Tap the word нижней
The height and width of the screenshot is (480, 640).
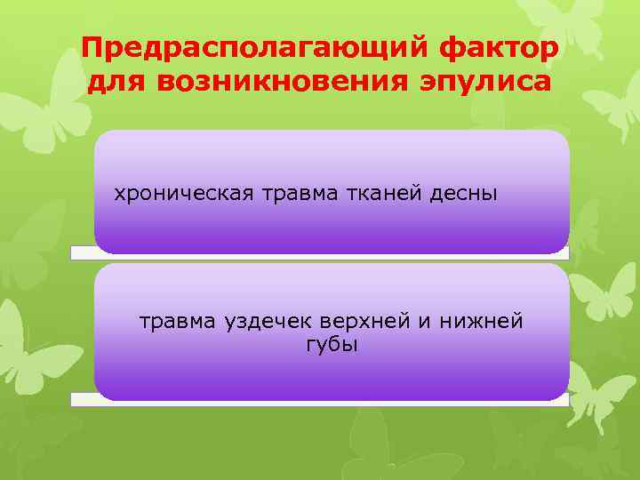click(x=476, y=321)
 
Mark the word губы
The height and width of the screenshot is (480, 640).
click(x=331, y=344)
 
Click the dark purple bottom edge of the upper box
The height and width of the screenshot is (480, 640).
click(x=331, y=244)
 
